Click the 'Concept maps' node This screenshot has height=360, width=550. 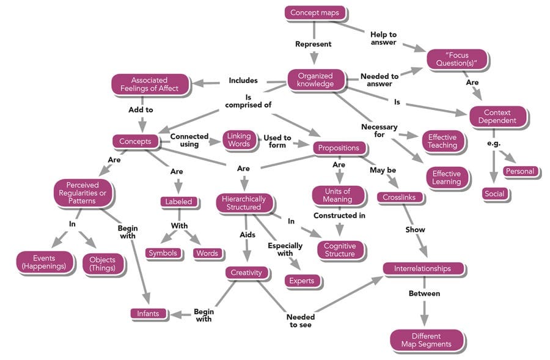[x=315, y=12]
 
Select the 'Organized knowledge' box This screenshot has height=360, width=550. [x=316, y=79]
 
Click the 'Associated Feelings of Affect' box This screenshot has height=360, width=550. [x=150, y=84]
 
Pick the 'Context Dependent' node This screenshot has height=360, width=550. [x=497, y=116]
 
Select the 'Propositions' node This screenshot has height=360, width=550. [x=339, y=148]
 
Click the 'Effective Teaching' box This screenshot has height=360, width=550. [x=442, y=141]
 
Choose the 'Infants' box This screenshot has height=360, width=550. [x=148, y=314]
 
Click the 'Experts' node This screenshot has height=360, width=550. [x=302, y=281]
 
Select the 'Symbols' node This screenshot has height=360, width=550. [x=163, y=253]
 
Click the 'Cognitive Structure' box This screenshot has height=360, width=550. [x=340, y=249]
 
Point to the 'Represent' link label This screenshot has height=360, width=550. [x=313, y=44]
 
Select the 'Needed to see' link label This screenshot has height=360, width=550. [x=301, y=321]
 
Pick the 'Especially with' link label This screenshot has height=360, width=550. [x=285, y=249]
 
